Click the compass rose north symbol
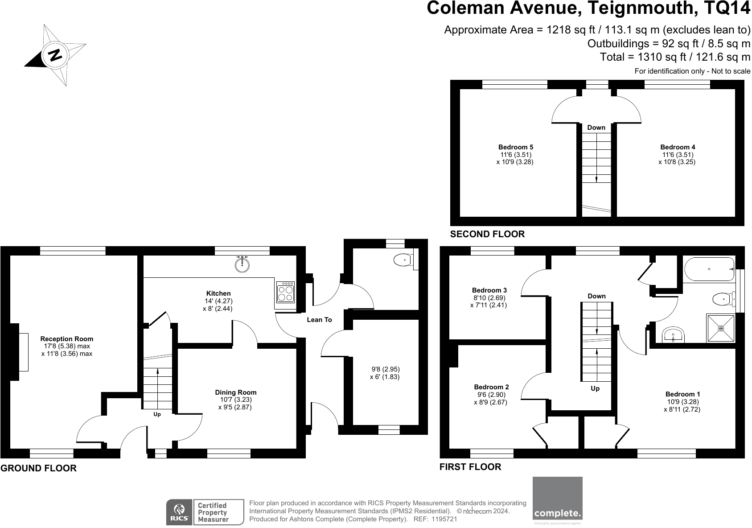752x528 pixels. tap(55, 55)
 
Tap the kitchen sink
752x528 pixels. tap(242, 264)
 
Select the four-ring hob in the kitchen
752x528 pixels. tap(285, 292)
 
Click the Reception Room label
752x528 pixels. tap(67, 339)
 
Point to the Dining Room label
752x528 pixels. tap(236, 392)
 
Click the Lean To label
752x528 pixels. tap(319, 320)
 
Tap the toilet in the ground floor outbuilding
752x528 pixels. tap(403, 259)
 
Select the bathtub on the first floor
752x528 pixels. tap(708, 269)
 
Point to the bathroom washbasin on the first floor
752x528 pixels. tap(673, 334)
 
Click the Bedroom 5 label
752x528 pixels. tap(515, 147)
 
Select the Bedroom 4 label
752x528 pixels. tap(678, 147)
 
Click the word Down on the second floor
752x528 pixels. tap(596, 128)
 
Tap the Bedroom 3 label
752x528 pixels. tap(489, 290)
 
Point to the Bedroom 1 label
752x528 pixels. tap(682, 394)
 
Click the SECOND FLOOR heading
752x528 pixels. tap(487, 234)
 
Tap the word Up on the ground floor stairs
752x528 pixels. tap(157, 414)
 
